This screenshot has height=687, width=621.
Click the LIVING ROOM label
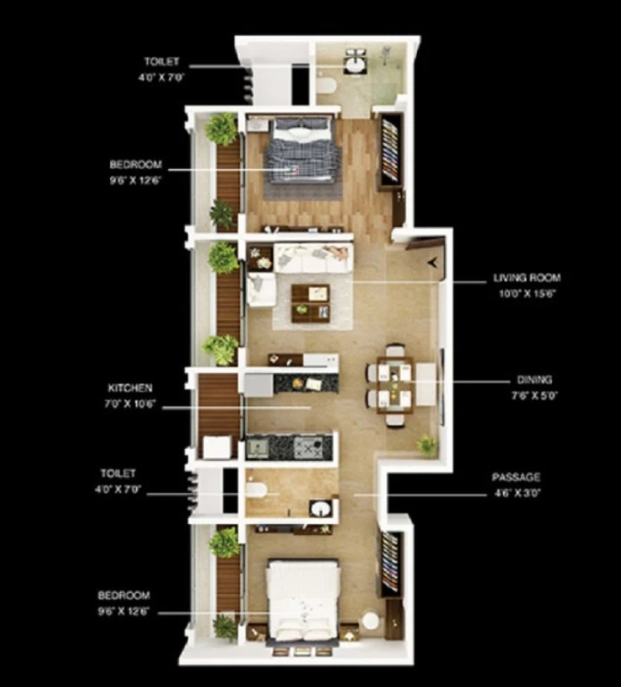pos(527,278)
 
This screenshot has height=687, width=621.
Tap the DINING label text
pos(534,380)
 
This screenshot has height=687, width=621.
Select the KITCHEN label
pos(130,388)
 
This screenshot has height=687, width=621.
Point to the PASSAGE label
pos(515,477)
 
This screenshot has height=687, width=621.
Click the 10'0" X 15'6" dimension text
pos(527,293)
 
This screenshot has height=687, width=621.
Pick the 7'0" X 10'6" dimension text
pos(130,404)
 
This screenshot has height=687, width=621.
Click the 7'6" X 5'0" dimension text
pos(534,395)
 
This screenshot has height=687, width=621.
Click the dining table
pos(395,386)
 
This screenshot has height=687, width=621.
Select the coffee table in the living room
pos(310,303)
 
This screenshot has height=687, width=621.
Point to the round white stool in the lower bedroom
pos(371,621)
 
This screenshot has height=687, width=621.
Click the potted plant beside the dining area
pos(428,445)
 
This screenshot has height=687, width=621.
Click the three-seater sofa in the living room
pos(313,259)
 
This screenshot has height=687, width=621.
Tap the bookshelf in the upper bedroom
pos(391,150)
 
